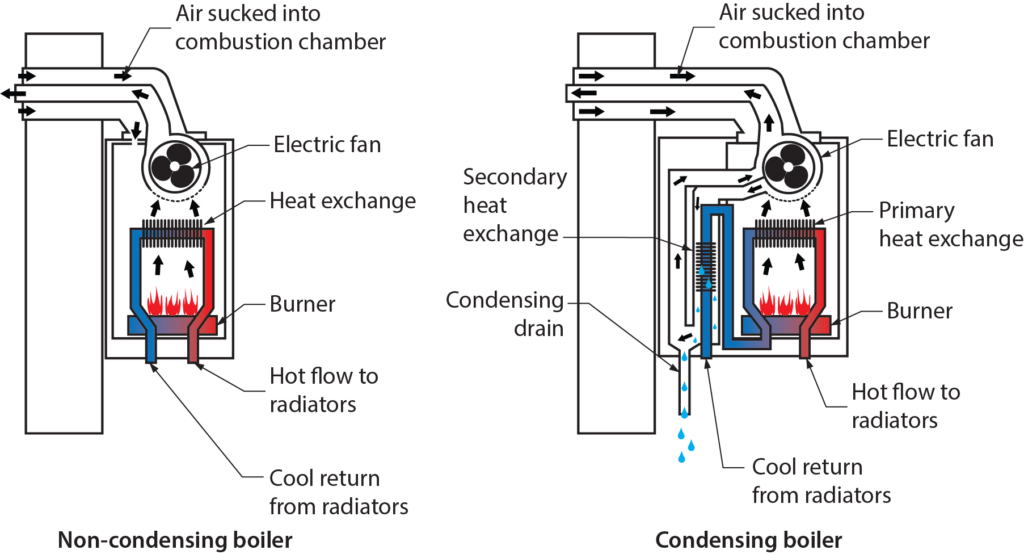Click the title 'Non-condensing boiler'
[x=175, y=541]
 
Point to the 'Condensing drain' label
[x=506, y=314]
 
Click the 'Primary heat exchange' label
[x=950, y=225]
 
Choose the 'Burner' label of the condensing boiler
[x=919, y=311]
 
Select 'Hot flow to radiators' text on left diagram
[x=324, y=391]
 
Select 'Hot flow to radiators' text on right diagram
[x=905, y=405]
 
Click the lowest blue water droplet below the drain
[x=682, y=457]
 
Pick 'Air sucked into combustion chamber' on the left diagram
[x=280, y=28]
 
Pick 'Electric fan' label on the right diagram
[x=940, y=139]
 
